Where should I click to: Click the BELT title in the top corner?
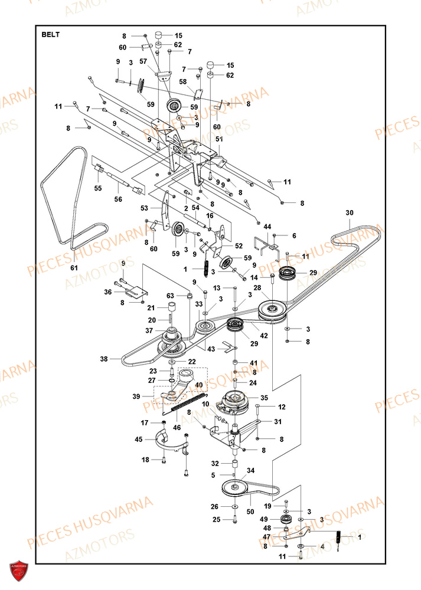(x=50, y=35)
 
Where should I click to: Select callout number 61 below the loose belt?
(x=74, y=267)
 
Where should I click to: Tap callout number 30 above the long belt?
(x=350, y=212)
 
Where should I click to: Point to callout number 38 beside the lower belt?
(x=104, y=359)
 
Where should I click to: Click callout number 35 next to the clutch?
(x=265, y=398)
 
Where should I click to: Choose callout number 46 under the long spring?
(x=177, y=427)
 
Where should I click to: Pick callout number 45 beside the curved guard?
(x=139, y=439)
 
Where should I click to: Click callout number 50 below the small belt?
(x=250, y=512)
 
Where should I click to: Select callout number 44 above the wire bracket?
(x=267, y=227)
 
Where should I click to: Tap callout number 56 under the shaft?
(x=118, y=199)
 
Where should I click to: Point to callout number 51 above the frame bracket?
(x=219, y=139)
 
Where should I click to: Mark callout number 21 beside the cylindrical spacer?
(x=151, y=308)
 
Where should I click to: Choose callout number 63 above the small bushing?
(x=170, y=296)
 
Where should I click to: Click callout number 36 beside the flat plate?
(x=108, y=292)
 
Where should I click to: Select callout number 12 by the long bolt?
(x=282, y=407)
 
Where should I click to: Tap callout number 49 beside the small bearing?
(x=264, y=519)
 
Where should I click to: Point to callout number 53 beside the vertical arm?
(x=144, y=208)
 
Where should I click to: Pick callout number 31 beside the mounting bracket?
(x=278, y=422)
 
